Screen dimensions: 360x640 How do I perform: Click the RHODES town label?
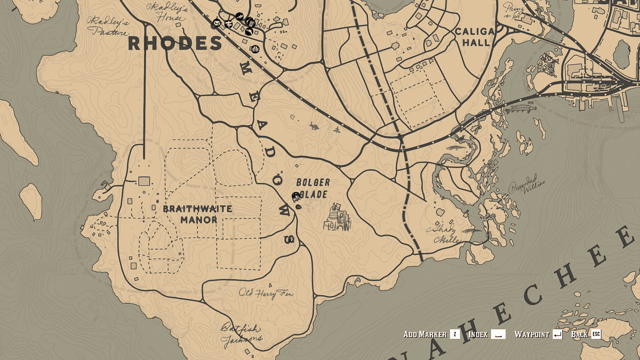[x=175, y=44]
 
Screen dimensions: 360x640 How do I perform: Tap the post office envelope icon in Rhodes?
[x=216, y=23]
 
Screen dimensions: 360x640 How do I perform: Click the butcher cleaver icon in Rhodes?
[x=249, y=31]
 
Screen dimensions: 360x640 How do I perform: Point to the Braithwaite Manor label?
[x=197, y=214]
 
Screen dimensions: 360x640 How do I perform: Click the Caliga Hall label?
[x=475, y=37]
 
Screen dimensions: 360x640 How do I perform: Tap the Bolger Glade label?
[x=313, y=188]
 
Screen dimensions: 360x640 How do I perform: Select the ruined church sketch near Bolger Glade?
[x=337, y=218]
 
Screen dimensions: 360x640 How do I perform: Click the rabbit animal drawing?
[x=314, y=126]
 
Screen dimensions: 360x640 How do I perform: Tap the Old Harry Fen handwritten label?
[x=265, y=293]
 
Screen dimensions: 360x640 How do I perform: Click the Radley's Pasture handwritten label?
[x=107, y=26]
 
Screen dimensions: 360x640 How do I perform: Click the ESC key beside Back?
[x=596, y=334]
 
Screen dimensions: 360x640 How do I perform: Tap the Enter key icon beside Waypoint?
[x=557, y=334]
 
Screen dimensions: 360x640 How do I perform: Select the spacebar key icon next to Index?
[x=498, y=334]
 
